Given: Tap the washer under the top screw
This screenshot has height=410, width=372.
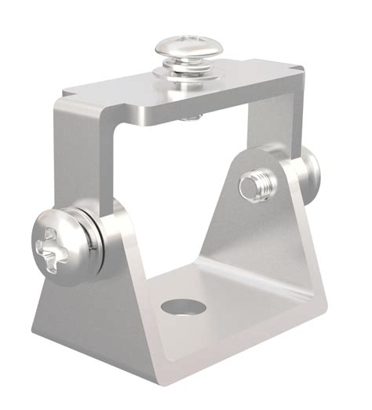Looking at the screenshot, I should coord(186,75).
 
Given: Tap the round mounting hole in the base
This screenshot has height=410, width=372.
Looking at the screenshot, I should coord(180,305).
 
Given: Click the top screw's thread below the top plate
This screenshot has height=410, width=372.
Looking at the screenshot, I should coord(188,118).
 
